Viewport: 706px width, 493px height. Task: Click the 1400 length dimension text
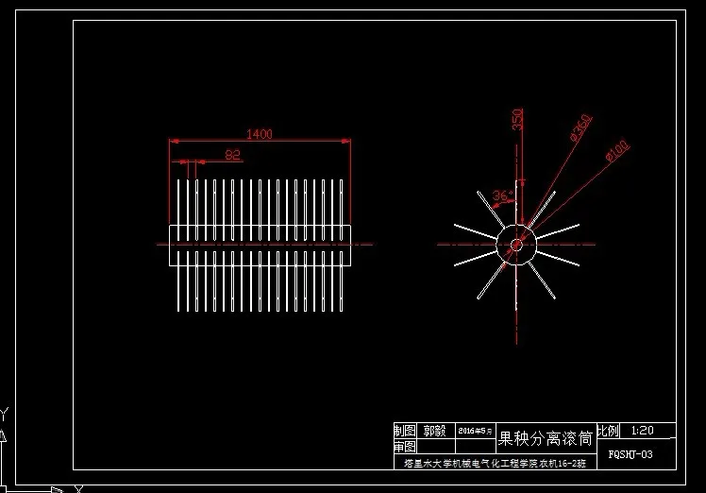tap(260, 134)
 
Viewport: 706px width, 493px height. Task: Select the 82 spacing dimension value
tap(232, 154)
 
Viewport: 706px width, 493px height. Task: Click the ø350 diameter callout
tap(580, 128)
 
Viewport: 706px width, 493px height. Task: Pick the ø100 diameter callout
tap(616, 150)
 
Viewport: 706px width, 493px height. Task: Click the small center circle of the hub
tap(516, 245)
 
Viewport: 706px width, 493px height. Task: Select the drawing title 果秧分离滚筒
tap(546, 438)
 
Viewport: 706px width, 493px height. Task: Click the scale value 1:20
tap(642, 431)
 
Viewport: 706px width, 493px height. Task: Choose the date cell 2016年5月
tap(475, 431)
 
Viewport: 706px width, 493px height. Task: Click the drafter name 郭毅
tap(435, 431)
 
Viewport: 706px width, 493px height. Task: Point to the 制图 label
tap(405, 431)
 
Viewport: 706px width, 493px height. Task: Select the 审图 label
tap(405, 447)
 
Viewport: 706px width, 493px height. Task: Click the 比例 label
tap(609, 431)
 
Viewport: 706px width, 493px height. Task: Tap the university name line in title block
tap(495, 464)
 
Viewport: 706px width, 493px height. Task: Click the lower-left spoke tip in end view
tap(479, 297)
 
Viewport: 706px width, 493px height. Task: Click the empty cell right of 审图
tap(435, 447)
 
